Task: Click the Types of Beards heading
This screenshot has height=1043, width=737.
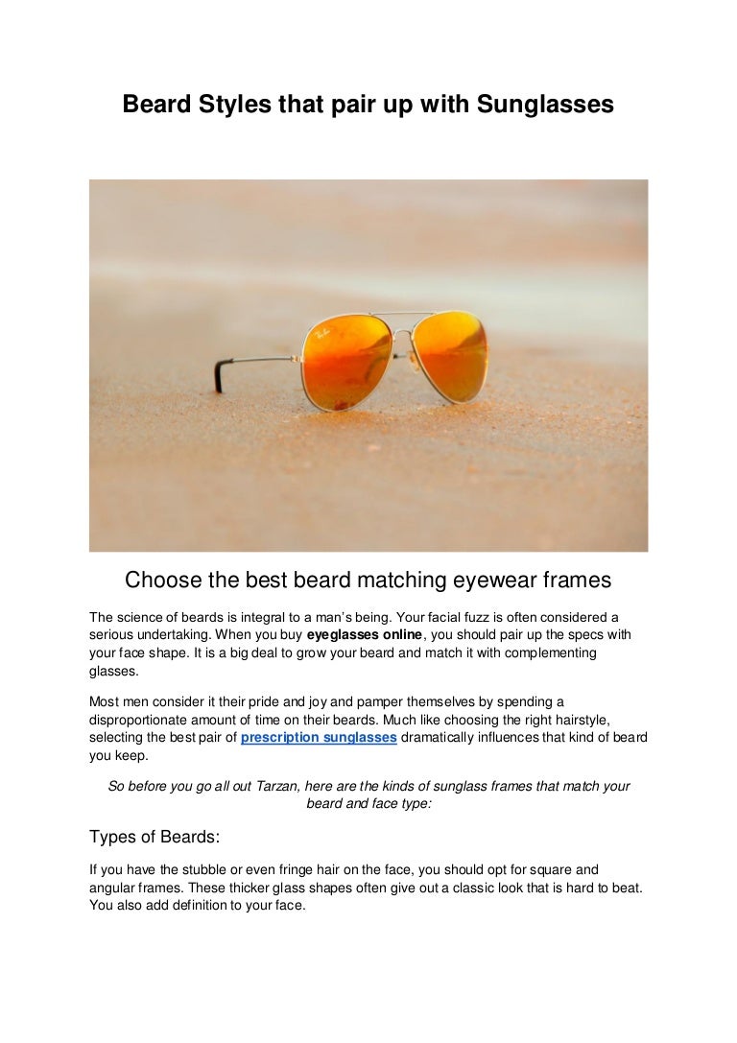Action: [155, 837]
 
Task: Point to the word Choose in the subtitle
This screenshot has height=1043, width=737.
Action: [163, 581]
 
